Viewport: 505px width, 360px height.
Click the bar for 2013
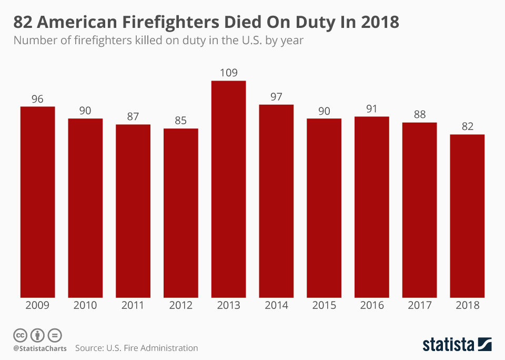(x=228, y=189)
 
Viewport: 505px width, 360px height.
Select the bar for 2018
(x=467, y=216)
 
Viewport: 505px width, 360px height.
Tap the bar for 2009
(x=37, y=202)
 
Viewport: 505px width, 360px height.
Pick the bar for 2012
(x=180, y=213)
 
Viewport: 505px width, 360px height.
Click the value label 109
(x=228, y=73)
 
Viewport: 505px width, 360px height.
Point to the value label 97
(x=276, y=97)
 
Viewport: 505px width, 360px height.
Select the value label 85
(x=180, y=121)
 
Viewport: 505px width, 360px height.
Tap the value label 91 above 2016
(x=371, y=108)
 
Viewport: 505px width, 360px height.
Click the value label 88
(x=419, y=115)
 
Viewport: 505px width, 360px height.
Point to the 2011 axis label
(x=133, y=305)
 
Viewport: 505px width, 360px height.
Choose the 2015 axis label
(x=324, y=305)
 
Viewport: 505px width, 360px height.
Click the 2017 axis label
(x=419, y=305)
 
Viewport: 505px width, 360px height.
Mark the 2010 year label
(x=85, y=305)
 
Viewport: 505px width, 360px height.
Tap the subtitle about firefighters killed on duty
(x=158, y=40)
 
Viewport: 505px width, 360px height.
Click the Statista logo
(x=457, y=344)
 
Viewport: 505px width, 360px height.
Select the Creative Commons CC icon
(x=20, y=335)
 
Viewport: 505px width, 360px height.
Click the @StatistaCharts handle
(x=40, y=348)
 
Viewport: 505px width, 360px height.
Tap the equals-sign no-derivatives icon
(x=55, y=335)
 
